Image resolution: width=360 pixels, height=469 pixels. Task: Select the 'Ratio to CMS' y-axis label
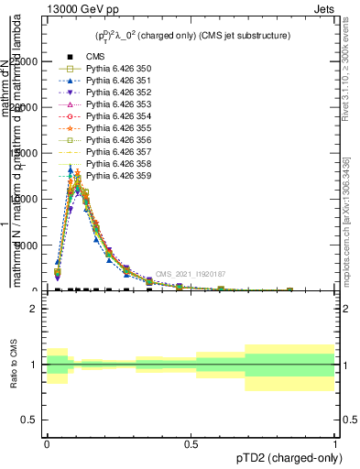tap(14, 365)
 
